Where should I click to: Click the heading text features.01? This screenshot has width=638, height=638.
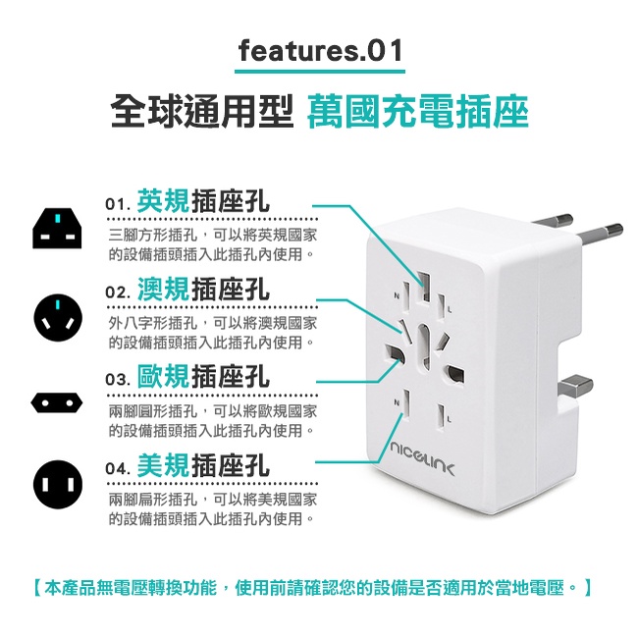pos(320,51)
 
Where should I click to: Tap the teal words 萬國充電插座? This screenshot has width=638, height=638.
pos(418,111)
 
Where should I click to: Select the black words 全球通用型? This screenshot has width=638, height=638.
pos(202,111)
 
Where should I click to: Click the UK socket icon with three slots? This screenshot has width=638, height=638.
pos(57,229)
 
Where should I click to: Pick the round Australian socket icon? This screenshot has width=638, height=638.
pos(58,318)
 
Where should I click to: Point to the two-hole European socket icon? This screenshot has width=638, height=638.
pos(57,402)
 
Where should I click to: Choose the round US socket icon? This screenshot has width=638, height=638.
pos(58,484)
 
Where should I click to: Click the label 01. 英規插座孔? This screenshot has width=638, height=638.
pos(187,201)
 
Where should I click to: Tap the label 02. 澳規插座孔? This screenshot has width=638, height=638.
pos(187,290)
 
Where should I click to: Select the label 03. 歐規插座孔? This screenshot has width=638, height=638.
pos(187,376)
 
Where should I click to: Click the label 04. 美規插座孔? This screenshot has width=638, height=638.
pos(187,465)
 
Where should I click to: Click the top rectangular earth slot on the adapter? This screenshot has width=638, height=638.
pos(425,287)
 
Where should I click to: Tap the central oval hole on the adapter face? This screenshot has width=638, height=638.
pos(424,347)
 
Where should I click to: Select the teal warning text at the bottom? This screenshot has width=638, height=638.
pos(313,588)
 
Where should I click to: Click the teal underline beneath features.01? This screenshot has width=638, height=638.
pos(320,72)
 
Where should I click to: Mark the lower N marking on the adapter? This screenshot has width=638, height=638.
pos(396,402)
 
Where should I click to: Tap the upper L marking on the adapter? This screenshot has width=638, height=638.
pos(450,309)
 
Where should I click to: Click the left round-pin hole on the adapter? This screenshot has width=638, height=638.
pos(394,354)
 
